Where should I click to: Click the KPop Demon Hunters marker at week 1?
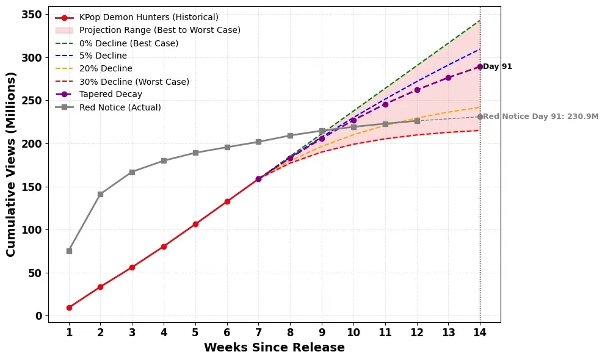click(x=69, y=308)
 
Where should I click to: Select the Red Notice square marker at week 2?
click(x=101, y=194)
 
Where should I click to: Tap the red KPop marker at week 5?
click(x=195, y=224)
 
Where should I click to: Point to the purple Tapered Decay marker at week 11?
click(x=385, y=104)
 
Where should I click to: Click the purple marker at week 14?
click(x=480, y=67)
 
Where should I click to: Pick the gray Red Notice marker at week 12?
click(x=417, y=121)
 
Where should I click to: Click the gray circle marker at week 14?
click(x=480, y=117)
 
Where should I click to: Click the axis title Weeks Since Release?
click(x=274, y=348)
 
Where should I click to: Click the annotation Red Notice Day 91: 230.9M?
click(x=541, y=117)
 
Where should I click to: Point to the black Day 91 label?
click(x=498, y=67)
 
